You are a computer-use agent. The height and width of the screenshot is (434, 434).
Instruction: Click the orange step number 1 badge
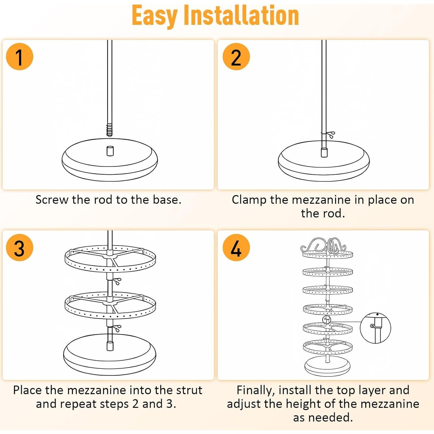(x=20, y=57)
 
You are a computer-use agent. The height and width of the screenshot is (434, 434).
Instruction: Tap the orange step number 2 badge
(x=236, y=57)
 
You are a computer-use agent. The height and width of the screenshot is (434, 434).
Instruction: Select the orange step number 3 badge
(x=20, y=247)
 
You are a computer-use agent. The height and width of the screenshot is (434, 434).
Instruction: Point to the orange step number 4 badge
(x=236, y=247)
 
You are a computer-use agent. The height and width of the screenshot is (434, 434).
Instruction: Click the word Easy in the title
(x=155, y=16)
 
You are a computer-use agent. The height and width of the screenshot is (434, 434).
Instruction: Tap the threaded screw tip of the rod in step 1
(x=109, y=130)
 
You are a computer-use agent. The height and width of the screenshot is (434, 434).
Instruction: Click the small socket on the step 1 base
(x=110, y=151)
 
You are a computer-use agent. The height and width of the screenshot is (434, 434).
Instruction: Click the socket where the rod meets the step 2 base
(x=324, y=152)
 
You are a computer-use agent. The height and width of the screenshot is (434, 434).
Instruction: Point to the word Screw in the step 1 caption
(x=52, y=200)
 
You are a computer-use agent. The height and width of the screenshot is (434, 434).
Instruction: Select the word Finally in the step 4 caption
(x=256, y=391)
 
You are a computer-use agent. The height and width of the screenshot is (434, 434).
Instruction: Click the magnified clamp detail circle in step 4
(x=375, y=328)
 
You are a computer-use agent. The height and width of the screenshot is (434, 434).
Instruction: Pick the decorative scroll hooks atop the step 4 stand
(x=323, y=245)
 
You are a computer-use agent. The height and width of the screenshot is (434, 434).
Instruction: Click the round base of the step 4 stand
(x=327, y=366)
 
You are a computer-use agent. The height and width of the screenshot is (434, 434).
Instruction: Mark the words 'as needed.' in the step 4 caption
(x=323, y=418)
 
